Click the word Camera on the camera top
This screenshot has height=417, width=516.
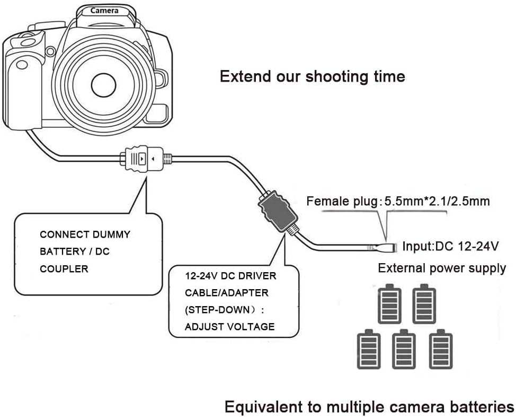click(x=104, y=11)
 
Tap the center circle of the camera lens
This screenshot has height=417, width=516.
click(x=103, y=85)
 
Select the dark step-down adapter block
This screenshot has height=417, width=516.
click(x=278, y=211)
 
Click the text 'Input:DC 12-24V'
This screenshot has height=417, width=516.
click(x=450, y=246)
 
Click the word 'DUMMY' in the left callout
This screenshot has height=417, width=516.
click(x=111, y=234)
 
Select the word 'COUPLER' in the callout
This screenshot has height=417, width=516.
click(x=64, y=268)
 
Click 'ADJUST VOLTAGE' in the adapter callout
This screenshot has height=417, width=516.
click(x=230, y=327)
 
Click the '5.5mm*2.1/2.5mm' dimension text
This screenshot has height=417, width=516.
click(x=437, y=201)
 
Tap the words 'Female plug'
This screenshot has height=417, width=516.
click(x=342, y=201)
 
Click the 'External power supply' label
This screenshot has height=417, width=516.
click(x=442, y=268)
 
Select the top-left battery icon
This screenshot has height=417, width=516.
click(x=389, y=303)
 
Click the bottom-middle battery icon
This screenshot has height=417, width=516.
click(x=404, y=349)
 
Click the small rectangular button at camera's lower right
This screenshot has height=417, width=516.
click(x=157, y=114)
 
